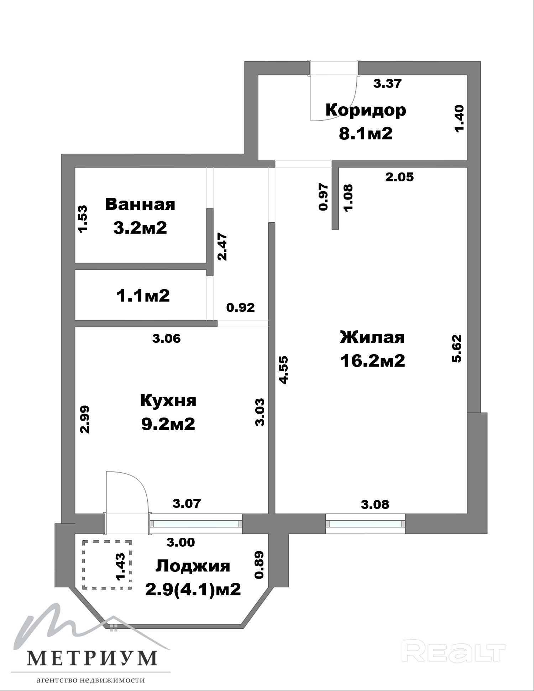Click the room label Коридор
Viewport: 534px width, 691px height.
coord(366,110)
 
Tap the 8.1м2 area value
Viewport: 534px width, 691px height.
coord(366,134)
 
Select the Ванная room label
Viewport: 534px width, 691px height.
coord(140,204)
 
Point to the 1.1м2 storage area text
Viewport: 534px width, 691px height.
coord(143,296)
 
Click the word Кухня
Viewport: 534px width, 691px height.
coord(168,400)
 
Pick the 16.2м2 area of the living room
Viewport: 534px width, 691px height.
coord(372,361)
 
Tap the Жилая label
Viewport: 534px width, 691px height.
coord(372,337)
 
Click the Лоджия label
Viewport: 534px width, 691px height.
coord(193,566)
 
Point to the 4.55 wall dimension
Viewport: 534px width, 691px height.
coord(283,370)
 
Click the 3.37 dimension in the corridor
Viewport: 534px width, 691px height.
coord(387,83)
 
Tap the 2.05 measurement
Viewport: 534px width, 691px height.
coord(399,177)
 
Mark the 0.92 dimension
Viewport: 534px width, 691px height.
coord(241,307)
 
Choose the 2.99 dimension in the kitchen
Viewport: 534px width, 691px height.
coord(85,419)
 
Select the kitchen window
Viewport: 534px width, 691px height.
coord(196,524)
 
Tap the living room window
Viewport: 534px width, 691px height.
coord(366,524)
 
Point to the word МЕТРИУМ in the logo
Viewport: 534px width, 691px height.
coord(92,658)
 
